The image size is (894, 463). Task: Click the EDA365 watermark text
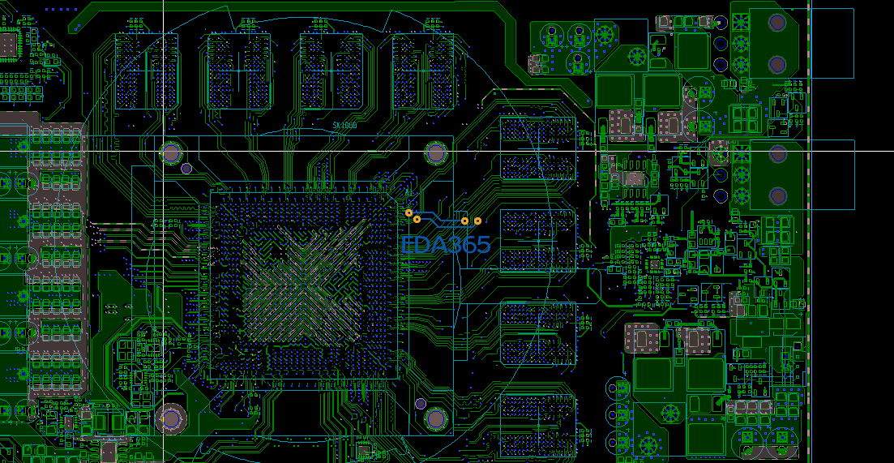point(447,245)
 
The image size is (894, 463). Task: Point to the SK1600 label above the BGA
point(344,126)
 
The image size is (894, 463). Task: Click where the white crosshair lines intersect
point(163,152)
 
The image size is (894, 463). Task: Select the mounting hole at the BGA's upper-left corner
point(171,152)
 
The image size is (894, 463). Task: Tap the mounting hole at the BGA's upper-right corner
point(437,152)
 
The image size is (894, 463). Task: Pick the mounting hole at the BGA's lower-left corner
point(171,418)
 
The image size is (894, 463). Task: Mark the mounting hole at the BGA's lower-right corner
point(437,418)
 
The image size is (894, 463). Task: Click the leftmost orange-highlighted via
point(409,212)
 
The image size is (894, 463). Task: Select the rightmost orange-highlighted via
point(477,221)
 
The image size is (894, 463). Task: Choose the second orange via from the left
point(417,219)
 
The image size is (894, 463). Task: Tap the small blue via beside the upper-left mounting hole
point(186,169)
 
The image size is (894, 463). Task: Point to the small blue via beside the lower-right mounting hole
point(421,402)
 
